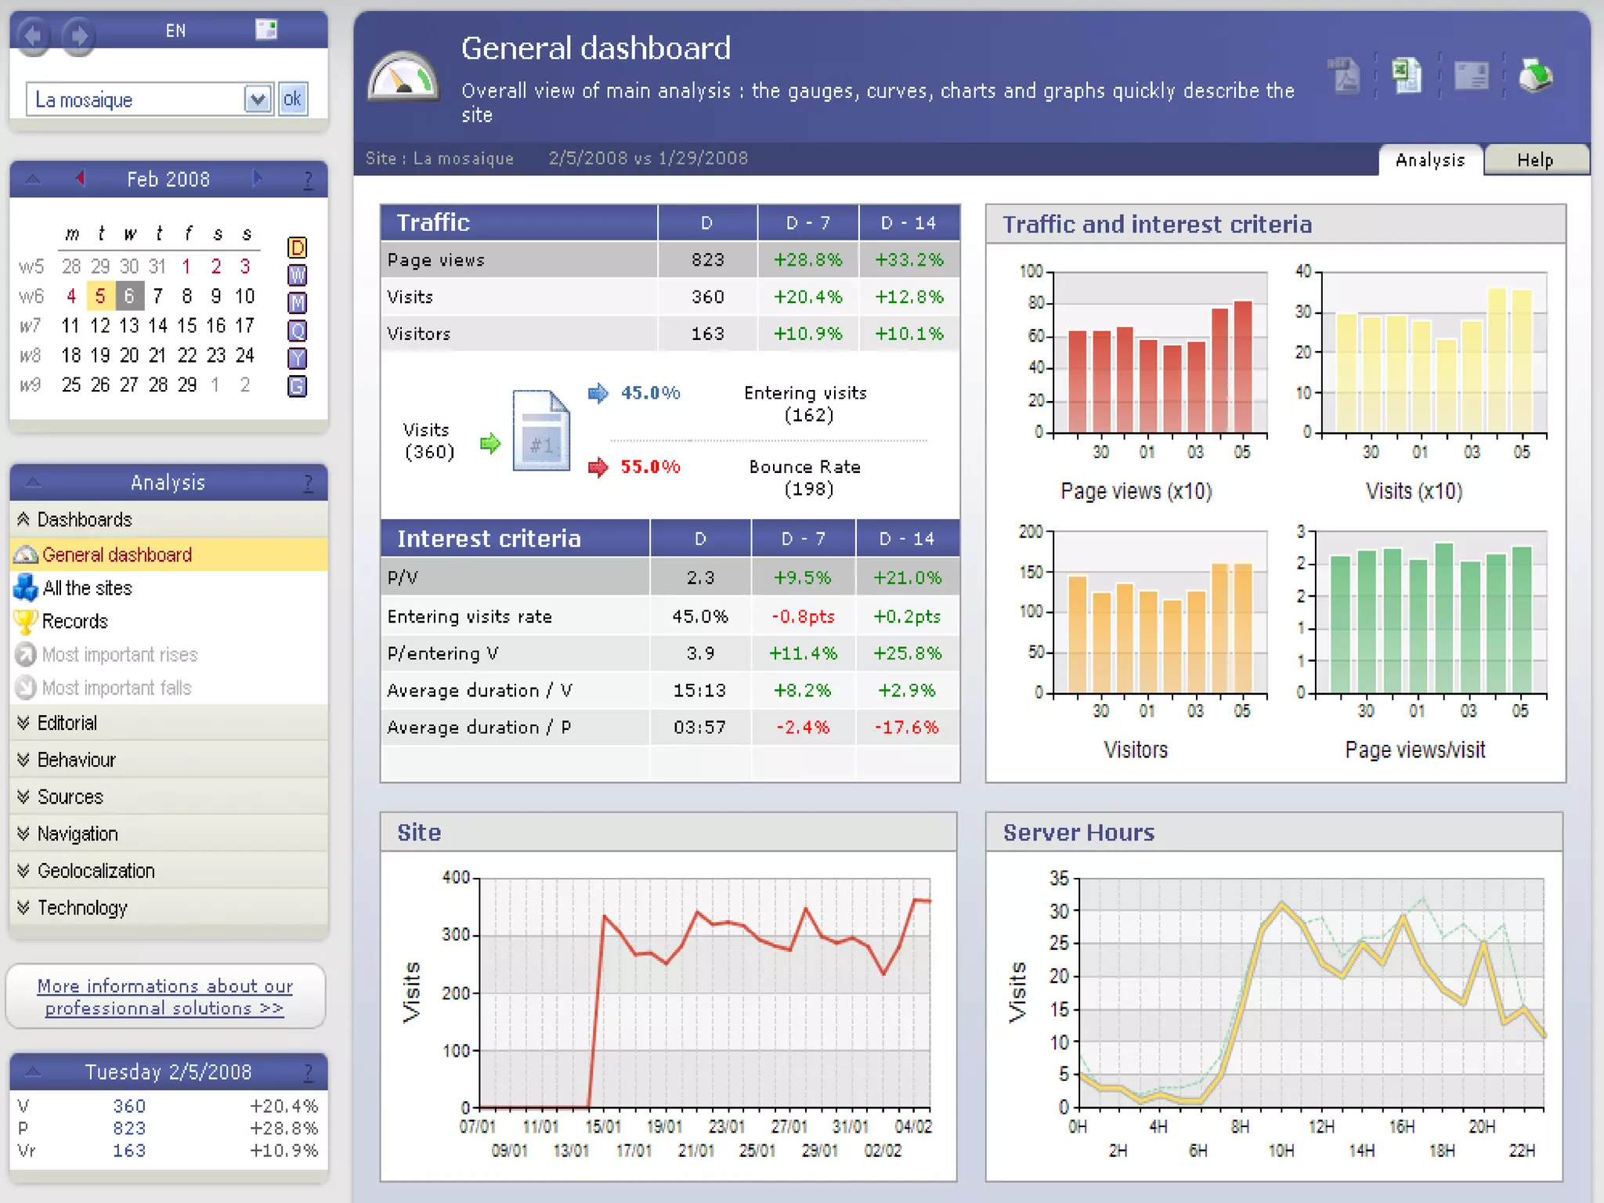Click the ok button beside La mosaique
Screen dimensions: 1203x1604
pos(292,99)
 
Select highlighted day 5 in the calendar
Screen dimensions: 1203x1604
pos(100,296)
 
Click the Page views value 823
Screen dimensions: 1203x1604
pos(707,260)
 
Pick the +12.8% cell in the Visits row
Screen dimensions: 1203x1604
pos(909,297)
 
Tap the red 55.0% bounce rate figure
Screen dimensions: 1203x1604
pos(649,467)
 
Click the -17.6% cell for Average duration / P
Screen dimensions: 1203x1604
pos(906,727)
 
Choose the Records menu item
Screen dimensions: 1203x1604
pos(74,621)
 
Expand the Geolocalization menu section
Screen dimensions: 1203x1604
pos(96,871)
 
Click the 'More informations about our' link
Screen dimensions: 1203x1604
pos(164,986)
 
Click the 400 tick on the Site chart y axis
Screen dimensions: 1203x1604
pos(456,877)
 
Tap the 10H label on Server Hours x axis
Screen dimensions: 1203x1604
pos(1281,1151)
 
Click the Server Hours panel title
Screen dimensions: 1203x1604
pos(1078,833)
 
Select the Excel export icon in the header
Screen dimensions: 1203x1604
pos(1407,76)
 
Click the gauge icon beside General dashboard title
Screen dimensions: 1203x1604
pos(403,78)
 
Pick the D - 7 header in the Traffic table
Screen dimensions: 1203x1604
pos(807,223)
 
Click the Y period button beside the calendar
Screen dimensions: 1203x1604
pos(297,358)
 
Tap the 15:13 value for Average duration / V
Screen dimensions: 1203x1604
pos(699,690)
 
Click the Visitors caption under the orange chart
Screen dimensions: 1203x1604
pos(1135,750)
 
